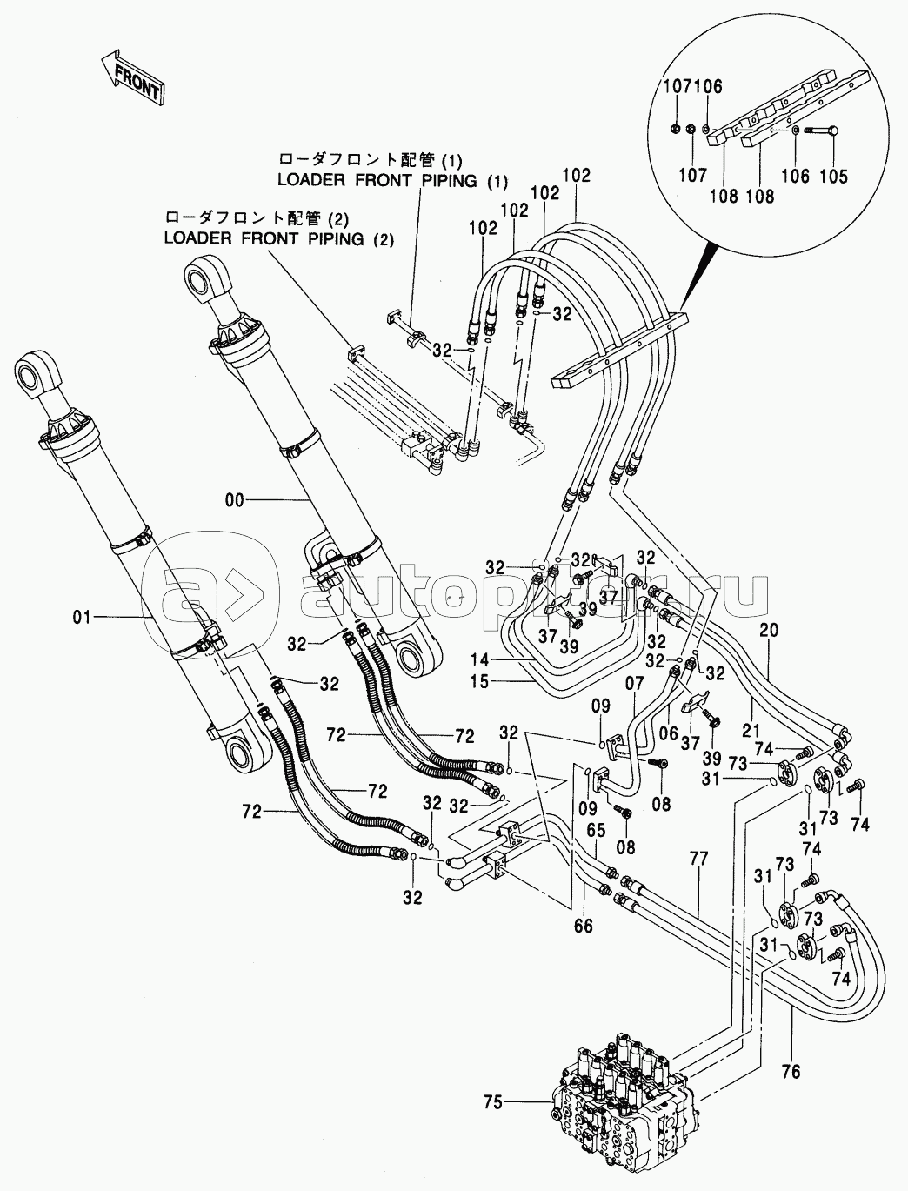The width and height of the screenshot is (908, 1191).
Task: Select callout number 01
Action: pos(81,618)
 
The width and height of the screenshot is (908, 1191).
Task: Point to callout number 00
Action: pos(235,499)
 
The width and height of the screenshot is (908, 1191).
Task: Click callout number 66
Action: pos(583,927)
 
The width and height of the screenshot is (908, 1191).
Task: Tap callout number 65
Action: pos(594,830)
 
